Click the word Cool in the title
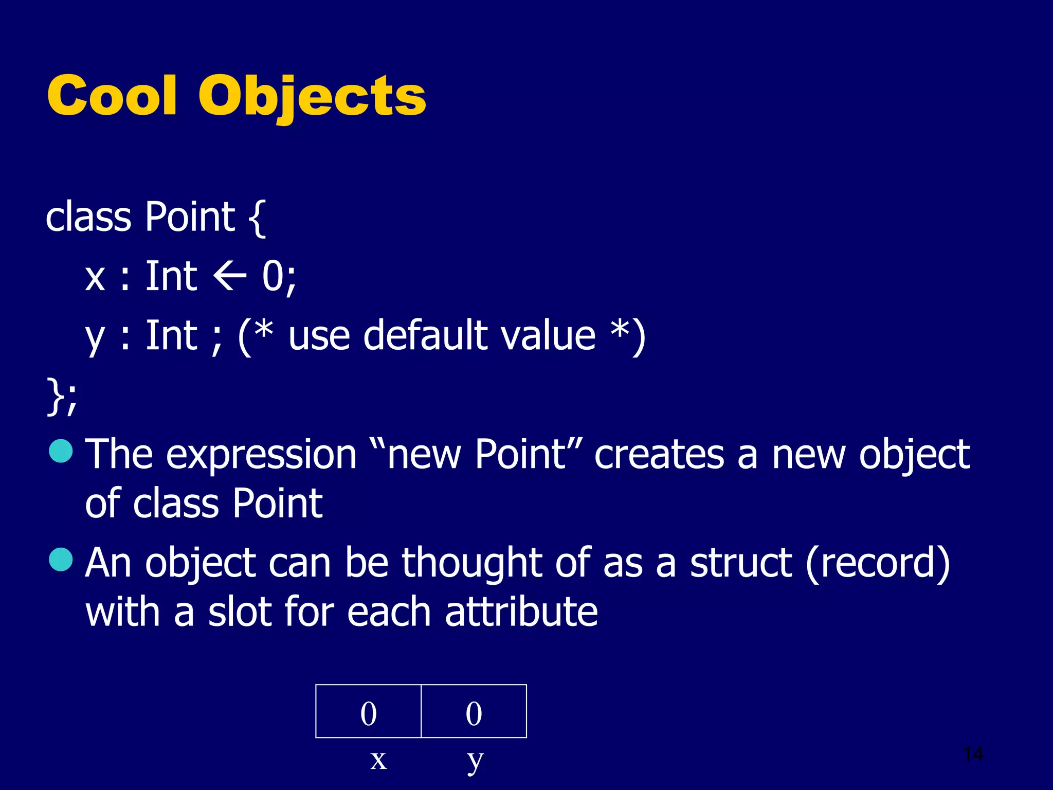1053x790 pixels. (112, 96)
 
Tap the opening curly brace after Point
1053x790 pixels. (257, 218)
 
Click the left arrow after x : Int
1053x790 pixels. (230, 277)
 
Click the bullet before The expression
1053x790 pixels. (61, 451)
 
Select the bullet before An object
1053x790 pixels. (61, 560)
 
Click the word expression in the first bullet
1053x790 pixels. (261, 455)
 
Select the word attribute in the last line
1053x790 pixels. (521, 612)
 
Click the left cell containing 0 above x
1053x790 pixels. (368, 711)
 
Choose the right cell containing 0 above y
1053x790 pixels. (474, 711)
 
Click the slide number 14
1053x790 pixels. (973, 755)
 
